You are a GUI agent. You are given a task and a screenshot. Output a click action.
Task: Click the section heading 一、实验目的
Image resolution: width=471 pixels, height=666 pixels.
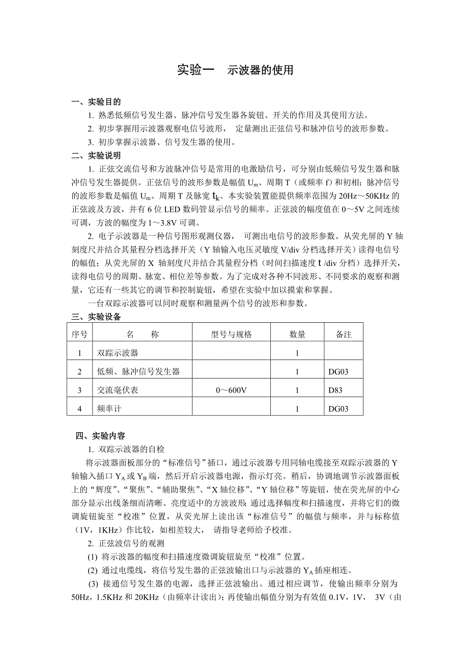pos(96,102)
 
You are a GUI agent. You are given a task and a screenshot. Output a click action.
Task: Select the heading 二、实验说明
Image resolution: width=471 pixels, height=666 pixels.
pos(96,156)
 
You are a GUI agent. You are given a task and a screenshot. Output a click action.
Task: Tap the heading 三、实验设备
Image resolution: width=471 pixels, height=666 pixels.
pos(96,317)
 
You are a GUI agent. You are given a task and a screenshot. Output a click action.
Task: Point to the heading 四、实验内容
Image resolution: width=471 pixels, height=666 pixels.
pos(100,436)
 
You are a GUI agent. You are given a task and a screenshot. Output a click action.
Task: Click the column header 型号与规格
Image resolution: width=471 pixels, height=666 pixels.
pos(231,335)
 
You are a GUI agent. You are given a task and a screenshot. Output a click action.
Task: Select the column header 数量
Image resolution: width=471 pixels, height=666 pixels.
pos(297,335)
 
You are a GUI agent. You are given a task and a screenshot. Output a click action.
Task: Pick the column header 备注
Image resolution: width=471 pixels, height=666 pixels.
pos(344,335)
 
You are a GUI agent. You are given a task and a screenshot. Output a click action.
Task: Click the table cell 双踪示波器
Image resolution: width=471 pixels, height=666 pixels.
pos(118,353)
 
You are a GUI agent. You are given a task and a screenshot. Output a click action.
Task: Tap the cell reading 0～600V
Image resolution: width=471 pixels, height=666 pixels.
pos(231,390)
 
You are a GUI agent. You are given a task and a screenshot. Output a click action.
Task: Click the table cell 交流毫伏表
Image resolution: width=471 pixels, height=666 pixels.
pos(118,390)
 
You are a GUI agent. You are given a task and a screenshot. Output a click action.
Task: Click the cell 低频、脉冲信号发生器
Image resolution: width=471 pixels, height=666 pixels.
pos(138,371)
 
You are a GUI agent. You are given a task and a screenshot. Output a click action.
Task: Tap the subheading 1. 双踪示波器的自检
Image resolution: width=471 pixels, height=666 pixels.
pos(126,449)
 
